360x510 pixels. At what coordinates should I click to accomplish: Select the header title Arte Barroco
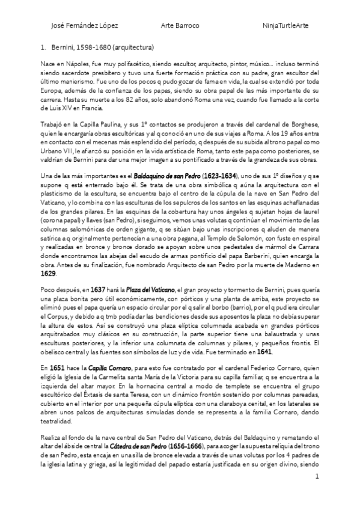[181, 26]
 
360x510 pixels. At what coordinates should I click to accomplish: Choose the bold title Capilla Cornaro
[99, 366]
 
